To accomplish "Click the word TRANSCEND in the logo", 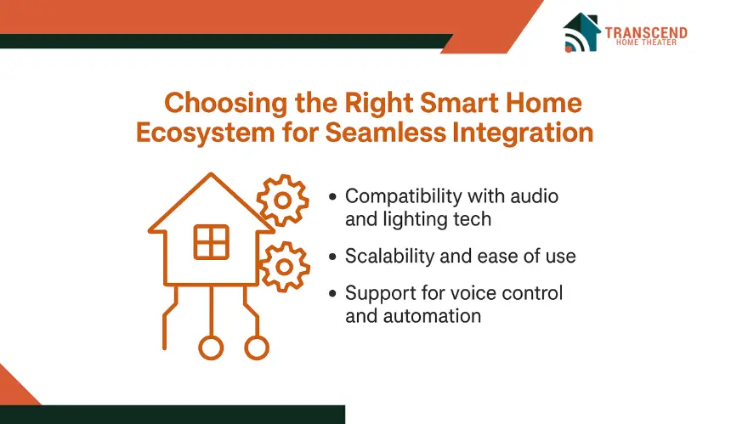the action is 646,32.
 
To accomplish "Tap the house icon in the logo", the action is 581,32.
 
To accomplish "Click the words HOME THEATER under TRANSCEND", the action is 646,42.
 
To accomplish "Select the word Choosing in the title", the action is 225,104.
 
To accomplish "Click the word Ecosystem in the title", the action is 206,133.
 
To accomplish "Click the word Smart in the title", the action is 459,103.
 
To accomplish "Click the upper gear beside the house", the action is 282,201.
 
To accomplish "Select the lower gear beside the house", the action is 284,267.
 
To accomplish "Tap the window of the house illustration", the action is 211,242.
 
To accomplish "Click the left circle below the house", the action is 211,348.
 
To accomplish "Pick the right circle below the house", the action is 257,348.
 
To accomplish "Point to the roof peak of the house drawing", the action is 211,174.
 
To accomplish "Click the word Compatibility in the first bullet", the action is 403,196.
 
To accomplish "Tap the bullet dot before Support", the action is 332,293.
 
